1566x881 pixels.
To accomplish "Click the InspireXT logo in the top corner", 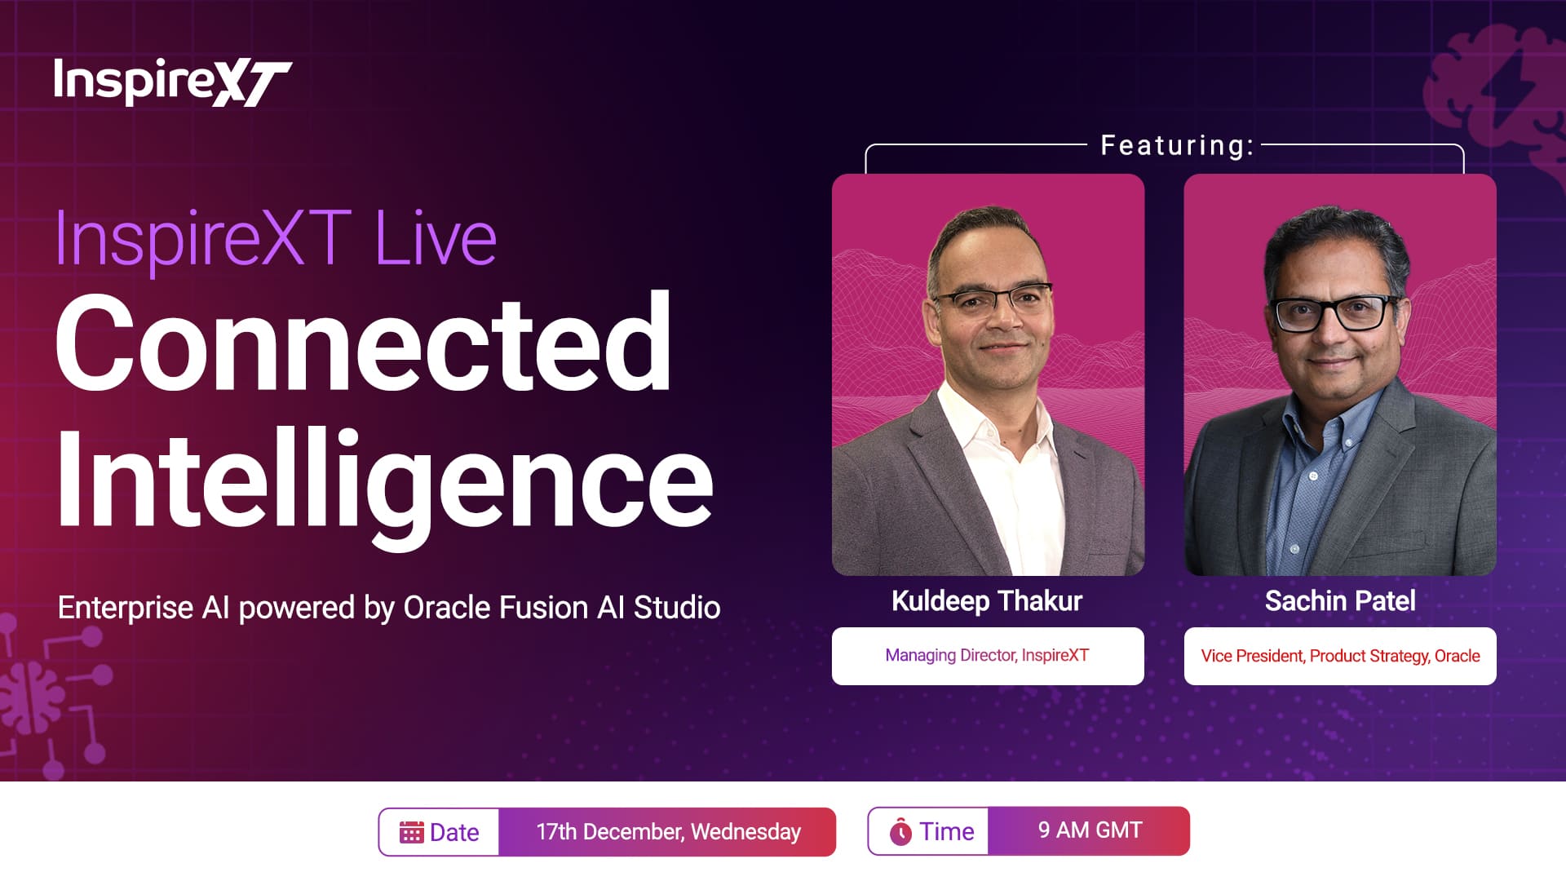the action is [x=172, y=82].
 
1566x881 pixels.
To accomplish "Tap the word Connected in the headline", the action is [x=364, y=343].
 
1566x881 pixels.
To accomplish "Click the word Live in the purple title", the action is [x=436, y=238].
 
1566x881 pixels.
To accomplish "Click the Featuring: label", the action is [x=1177, y=145].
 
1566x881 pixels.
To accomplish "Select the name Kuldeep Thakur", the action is [x=987, y=601].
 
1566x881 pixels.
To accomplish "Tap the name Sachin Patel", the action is [x=1340, y=601].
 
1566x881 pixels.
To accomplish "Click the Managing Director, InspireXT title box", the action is [x=988, y=656].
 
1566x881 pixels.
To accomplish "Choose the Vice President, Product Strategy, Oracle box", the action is [x=1340, y=656].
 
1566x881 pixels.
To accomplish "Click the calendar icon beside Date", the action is [x=411, y=832].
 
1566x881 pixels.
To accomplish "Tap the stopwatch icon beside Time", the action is [x=900, y=831].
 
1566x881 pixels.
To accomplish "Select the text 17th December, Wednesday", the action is [x=669, y=832].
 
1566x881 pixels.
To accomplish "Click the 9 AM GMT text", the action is [x=1090, y=830].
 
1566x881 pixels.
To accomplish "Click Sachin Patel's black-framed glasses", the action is [x=1334, y=313].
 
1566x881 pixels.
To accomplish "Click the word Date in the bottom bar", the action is [x=454, y=832].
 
